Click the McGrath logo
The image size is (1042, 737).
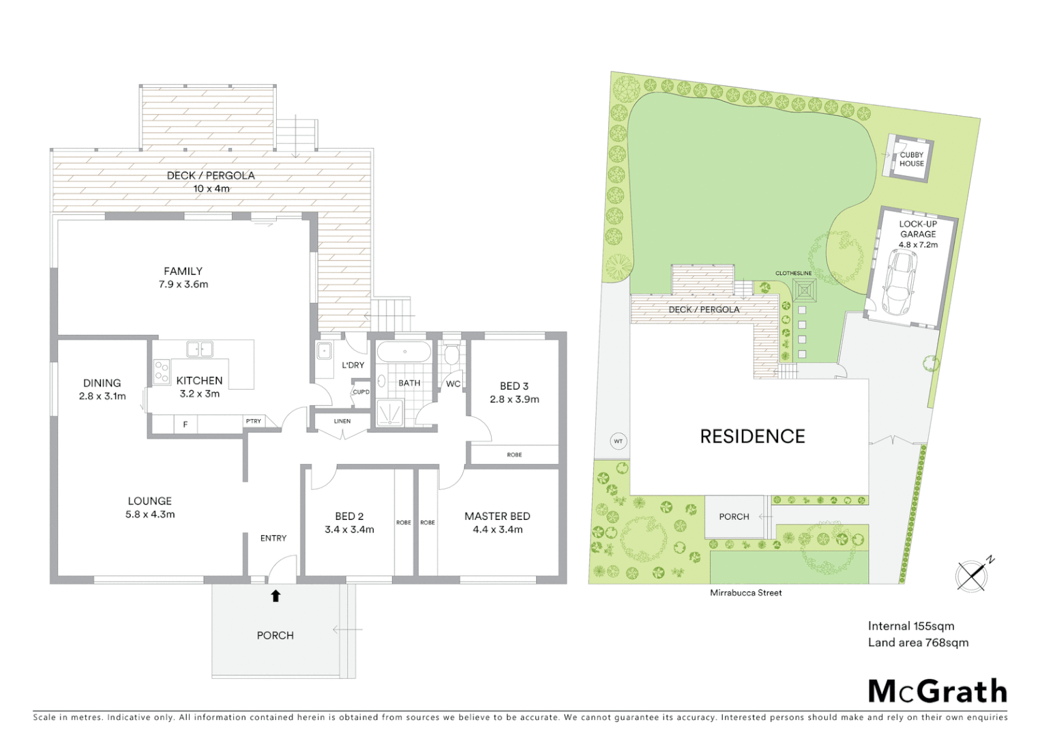click(x=937, y=691)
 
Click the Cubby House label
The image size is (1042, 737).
click(x=911, y=160)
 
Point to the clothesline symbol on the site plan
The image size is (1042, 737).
click(x=805, y=292)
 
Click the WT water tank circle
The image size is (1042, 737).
click(x=618, y=442)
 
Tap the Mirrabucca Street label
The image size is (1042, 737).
click(x=745, y=593)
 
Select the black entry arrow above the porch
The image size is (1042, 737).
click(x=276, y=596)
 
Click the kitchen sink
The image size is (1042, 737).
click(x=200, y=349)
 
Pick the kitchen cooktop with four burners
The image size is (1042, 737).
click(x=162, y=372)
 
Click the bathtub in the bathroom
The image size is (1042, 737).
click(x=404, y=352)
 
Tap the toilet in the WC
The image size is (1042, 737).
click(x=451, y=356)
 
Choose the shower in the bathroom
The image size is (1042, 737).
click(x=389, y=414)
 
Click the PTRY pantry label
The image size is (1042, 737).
click(x=253, y=422)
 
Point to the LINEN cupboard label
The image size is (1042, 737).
click(x=342, y=422)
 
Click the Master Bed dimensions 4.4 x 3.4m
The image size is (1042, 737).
click(x=498, y=530)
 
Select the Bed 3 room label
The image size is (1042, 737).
click(x=514, y=386)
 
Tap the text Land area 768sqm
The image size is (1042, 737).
click(x=918, y=643)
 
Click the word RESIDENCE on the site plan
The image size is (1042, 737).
click(x=752, y=437)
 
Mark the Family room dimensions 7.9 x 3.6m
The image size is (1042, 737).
click(x=183, y=285)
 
